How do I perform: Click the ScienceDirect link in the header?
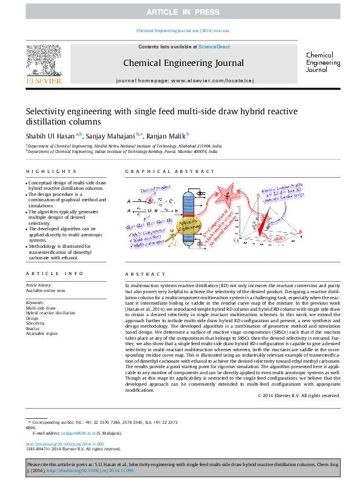point(215,47)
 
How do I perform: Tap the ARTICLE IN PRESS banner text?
point(180,12)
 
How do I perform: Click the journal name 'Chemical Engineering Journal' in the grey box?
point(183,63)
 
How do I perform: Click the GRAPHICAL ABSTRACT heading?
point(162,172)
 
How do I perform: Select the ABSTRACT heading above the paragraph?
point(140,274)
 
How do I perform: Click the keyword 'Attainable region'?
point(42,333)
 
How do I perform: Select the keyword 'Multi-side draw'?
point(40,308)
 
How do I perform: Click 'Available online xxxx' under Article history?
point(45,291)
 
